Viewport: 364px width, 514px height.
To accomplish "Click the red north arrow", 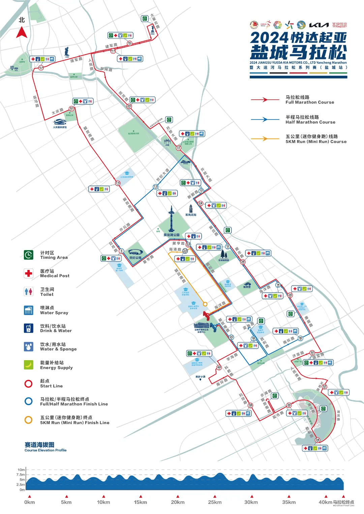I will click(x=22, y=33).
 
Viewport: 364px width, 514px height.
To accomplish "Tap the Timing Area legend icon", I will click(x=29, y=255).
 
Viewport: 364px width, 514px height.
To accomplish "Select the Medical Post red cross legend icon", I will click(x=29, y=273).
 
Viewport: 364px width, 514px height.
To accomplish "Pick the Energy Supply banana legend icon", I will click(x=29, y=365).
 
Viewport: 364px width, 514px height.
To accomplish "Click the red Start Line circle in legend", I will click(x=29, y=383).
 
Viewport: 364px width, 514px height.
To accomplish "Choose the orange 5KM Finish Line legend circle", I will click(x=29, y=420).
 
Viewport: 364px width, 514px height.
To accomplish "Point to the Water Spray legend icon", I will click(x=29, y=310).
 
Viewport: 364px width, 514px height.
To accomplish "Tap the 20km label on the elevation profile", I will click(x=178, y=502).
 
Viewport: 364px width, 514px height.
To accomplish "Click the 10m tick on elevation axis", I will click(x=22, y=470).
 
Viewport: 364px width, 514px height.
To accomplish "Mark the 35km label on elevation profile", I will click(x=289, y=502).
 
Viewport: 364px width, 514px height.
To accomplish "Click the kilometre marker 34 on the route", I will click(x=317, y=440).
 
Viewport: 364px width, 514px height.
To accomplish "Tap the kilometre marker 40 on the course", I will click(x=219, y=368).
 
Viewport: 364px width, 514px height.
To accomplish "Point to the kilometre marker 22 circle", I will click(x=179, y=148).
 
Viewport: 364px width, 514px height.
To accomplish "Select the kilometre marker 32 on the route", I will click(x=324, y=386).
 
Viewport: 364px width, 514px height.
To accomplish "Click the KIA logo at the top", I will click(x=319, y=25).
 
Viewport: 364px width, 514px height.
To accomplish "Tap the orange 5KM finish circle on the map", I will click(x=205, y=304).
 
